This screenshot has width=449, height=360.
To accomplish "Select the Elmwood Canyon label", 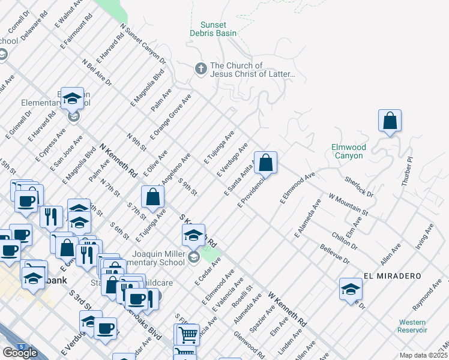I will click(348, 151).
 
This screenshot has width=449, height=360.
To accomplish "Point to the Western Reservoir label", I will click(412, 326).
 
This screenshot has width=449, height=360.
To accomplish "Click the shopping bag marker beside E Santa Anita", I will click(265, 162).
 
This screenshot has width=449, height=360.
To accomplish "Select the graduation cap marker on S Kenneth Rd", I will click(193, 235).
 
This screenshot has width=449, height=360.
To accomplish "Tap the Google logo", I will click(20, 353).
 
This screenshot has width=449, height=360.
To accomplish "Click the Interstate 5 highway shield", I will click(5, 347).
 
